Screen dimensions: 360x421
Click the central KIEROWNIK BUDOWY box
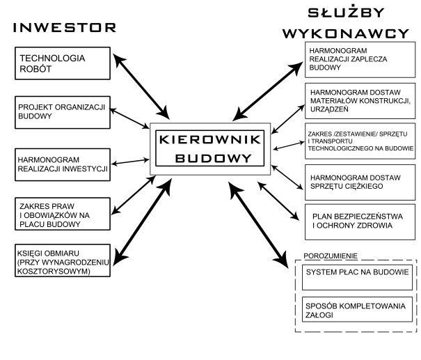tap(209, 148)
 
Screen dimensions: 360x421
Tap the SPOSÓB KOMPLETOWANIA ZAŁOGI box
tap(356, 311)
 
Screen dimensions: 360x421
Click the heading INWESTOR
tap(65, 28)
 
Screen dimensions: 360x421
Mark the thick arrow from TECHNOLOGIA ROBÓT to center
tap(143, 84)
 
